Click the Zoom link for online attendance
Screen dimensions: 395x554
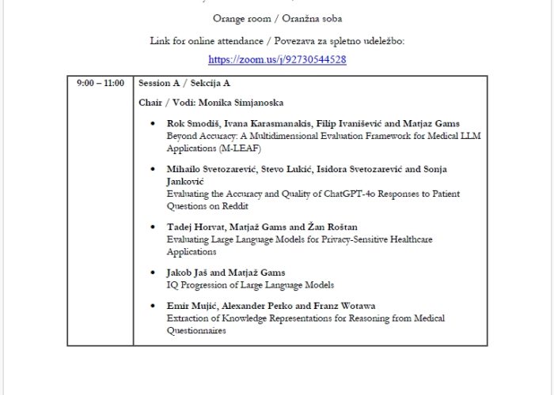[x=277, y=59]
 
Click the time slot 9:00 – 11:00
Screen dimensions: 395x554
[x=101, y=83]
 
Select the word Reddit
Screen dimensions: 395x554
[x=235, y=205]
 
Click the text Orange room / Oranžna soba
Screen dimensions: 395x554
[x=277, y=18]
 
